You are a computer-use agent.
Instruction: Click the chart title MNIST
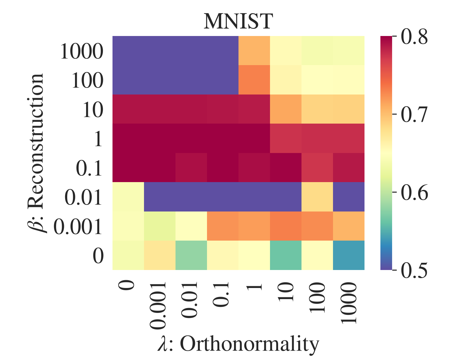pyautogui.click(x=238, y=22)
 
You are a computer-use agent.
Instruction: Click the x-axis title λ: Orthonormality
pyautogui.click(x=238, y=344)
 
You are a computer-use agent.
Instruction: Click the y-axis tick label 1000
pyautogui.click(x=82, y=52)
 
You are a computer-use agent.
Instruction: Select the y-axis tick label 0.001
pyautogui.click(x=78, y=227)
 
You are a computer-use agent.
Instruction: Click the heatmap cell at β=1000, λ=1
pyautogui.click(x=254, y=51)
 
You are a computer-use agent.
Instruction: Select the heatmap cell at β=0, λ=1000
pyautogui.click(x=349, y=255)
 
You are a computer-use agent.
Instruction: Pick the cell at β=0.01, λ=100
pyautogui.click(x=317, y=197)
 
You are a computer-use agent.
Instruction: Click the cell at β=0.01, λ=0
pyautogui.click(x=128, y=197)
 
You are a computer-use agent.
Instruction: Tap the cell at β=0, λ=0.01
pyautogui.click(x=191, y=255)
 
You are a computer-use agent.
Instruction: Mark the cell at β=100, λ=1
pyautogui.click(x=254, y=80)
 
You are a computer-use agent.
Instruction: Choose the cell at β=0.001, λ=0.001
pyautogui.click(x=160, y=226)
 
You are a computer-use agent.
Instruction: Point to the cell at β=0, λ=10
pyautogui.click(x=286, y=255)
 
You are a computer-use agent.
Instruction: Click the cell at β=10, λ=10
pyautogui.click(x=286, y=109)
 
